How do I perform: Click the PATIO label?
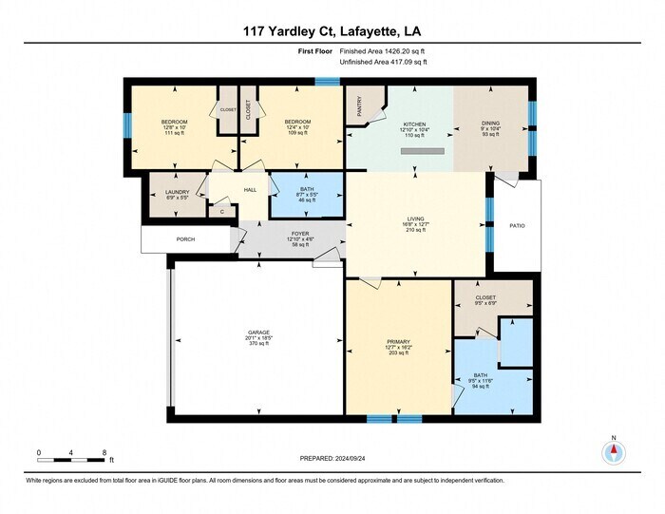(x=517, y=226)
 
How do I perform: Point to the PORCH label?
(x=184, y=239)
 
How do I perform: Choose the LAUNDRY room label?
(x=178, y=193)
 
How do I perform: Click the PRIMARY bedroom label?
(x=398, y=342)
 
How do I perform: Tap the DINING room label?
(x=490, y=124)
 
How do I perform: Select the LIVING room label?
(x=415, y=219)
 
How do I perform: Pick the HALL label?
(x=251, y=190)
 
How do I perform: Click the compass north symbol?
(x=614, y=452)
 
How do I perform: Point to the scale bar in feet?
(x=70, y=459)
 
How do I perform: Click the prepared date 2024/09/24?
(x=332, y=459)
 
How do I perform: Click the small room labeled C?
(x=222, y=212)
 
